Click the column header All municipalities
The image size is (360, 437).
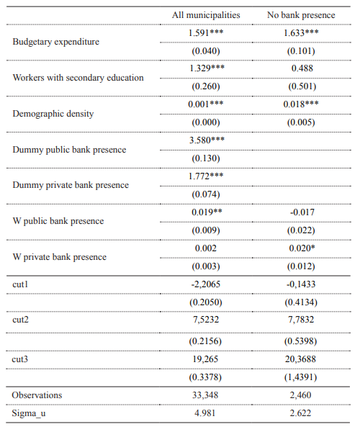205,15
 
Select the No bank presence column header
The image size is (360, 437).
301,15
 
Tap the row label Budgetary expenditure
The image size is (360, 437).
56,42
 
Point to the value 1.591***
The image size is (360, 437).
205,33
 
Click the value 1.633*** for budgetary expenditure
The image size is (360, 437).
301,33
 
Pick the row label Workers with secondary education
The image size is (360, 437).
78,78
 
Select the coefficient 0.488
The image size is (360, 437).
301,68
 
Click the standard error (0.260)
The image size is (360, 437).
205,86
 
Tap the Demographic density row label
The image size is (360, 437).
53,114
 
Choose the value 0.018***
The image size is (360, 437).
301,104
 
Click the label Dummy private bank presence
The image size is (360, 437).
71,185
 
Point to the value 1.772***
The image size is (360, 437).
205,176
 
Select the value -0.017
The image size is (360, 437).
301,212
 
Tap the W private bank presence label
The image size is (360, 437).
60,257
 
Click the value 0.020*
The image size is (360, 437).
301,248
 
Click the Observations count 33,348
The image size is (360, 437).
205,395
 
